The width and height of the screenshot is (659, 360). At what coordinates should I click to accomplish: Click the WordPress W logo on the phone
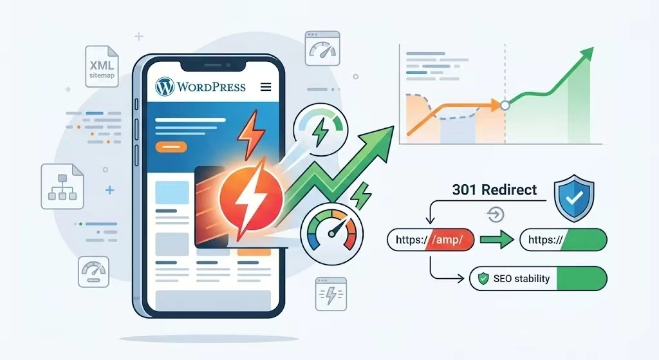(x=165, y=87)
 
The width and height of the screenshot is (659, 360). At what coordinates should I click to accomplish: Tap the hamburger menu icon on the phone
(x=266, y=87)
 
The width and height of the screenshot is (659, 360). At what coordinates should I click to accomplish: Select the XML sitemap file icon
(x=102, y=66)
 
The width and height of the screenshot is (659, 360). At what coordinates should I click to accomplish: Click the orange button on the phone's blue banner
(x=171, y=147)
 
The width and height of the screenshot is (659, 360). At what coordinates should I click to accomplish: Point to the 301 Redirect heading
(x=495, y=190)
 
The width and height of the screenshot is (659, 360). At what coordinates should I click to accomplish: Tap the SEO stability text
(x=521, y=278)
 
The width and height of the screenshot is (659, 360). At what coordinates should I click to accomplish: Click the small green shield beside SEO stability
(x=484, y=278)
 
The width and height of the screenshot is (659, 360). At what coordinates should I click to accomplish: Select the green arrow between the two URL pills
(x=497, y=240)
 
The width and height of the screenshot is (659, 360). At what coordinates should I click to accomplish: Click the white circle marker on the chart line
(x=505, y=105)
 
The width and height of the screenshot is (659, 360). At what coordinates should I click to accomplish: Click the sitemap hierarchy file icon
(x=62, y=186)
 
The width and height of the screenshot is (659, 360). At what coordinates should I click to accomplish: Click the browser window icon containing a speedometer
(x=322, y=48)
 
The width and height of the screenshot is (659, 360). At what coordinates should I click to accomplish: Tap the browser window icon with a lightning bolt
(x=331, y=294)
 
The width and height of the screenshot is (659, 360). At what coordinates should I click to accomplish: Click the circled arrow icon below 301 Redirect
(x=495, y=215)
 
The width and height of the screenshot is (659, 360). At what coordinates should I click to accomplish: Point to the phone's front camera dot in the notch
(x=228, y=65)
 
